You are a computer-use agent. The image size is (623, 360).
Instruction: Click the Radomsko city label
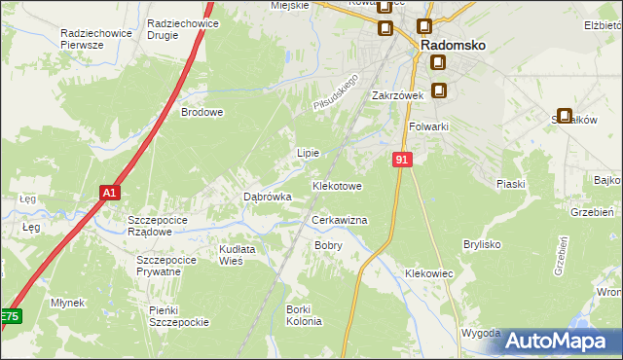point(453,45)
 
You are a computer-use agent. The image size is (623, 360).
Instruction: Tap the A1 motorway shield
point(110,193)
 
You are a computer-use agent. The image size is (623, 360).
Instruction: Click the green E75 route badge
point(9,316)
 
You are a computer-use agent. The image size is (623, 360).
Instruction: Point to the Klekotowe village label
point(337,185)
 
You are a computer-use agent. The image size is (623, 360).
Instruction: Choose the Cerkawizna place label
point(339,221)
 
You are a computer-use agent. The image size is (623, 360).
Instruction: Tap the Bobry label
point(327,246)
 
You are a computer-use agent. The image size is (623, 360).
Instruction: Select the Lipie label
point(308,153)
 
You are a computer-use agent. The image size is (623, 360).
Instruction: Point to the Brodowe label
point(202,112)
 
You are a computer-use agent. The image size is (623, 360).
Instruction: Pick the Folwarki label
point(428,126)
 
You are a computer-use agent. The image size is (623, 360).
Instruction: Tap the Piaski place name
point(510,184)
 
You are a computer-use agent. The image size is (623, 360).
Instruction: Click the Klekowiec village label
point(429,274)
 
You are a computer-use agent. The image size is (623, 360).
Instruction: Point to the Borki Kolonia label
point(298,315)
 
